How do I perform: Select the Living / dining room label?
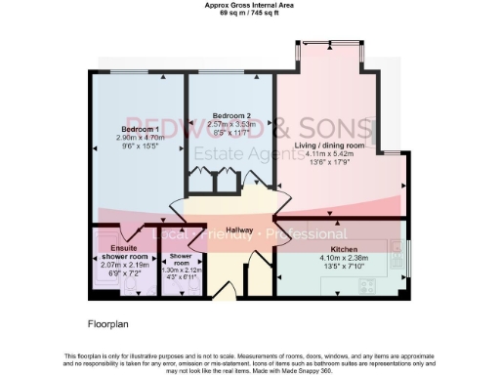329,146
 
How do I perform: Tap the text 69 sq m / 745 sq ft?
249,13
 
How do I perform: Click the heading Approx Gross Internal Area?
249,5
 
